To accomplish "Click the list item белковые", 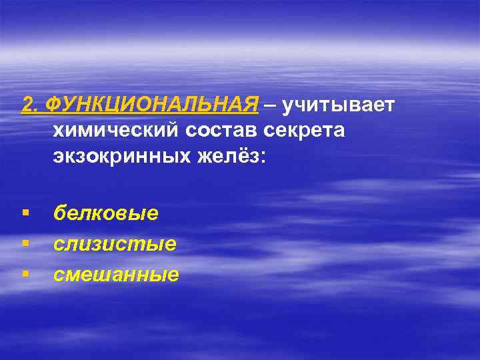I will [x=106, y=213].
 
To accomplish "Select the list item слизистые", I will [x=115, y=244].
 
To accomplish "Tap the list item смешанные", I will [x=117, y=274].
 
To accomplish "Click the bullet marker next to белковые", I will [x=25, y=213].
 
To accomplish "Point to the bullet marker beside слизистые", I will [x=25, y=244].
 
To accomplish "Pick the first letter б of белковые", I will [x=60, y=213].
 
